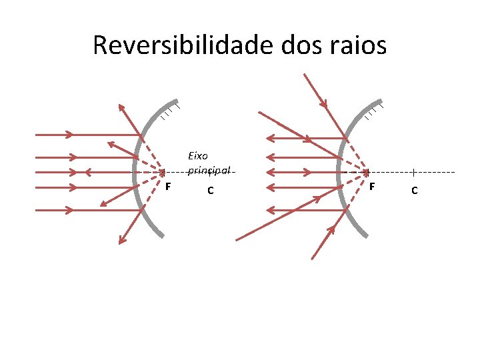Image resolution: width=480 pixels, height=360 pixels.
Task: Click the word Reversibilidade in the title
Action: [176, 45]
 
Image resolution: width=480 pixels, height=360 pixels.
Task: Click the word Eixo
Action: [199, 156]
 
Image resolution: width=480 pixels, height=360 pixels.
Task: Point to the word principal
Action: [209, 171]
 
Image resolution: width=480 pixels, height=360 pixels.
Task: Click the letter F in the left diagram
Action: [168, 186]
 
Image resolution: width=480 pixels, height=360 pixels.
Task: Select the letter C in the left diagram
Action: [210, 191]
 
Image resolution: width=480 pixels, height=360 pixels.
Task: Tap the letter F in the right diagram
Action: [373, 186]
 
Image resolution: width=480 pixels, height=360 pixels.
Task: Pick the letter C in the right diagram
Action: [415, 191]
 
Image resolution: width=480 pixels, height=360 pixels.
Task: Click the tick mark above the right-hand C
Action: [414, 172]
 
